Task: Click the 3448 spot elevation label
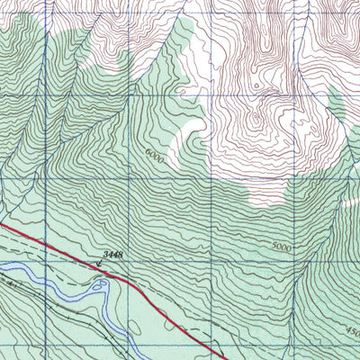112,256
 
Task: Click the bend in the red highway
135,283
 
